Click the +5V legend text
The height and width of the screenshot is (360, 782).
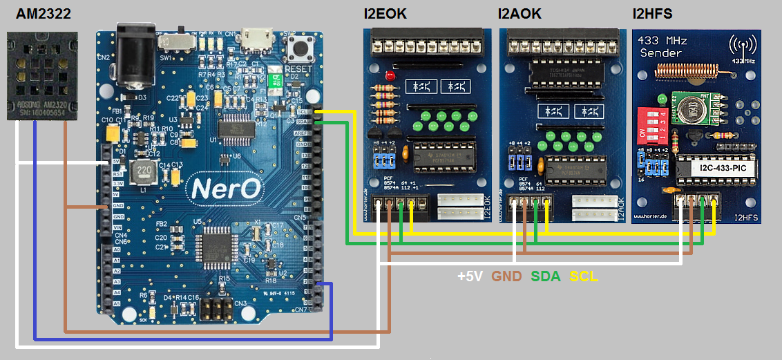click(471, 276)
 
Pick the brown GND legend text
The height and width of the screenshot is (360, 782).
click(506, 276)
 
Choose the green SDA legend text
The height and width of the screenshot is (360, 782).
click(546, 276)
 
